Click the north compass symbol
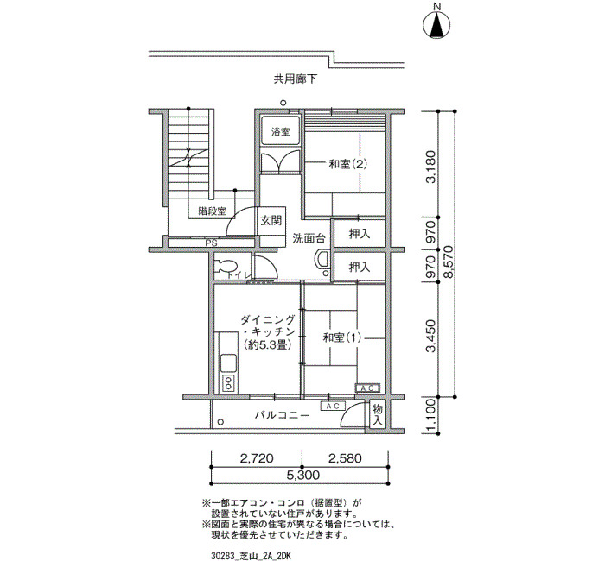436,25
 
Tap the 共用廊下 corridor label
296,79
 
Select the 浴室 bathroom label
281,132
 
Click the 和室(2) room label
347,165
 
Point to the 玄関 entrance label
271,221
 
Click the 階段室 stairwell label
213,211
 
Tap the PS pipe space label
211,243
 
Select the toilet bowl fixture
226,267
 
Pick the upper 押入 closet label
360,234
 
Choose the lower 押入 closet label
360,267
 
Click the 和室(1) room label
342,338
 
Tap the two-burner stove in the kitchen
228,383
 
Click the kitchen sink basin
228,362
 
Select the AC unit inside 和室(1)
367,388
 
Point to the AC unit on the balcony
333,407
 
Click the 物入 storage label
377,414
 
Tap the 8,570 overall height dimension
449,262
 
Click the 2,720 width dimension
257,458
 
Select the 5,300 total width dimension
302,475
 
